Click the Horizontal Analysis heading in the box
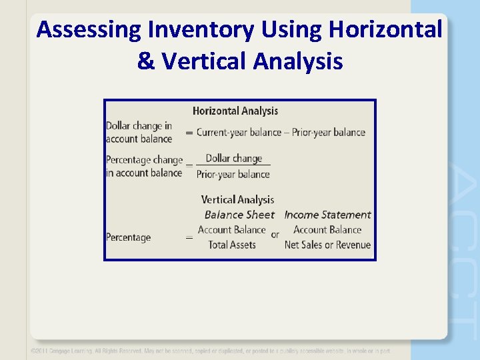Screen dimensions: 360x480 [x=235, y=111]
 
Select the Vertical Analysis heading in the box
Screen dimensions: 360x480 [x=237, y=199]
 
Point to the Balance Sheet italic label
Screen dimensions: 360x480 [x=239, y=215]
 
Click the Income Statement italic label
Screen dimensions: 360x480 [x=327, y=215]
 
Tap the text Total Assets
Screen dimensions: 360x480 [x=232, y=245]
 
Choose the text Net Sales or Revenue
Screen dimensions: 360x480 [x=327, y=245]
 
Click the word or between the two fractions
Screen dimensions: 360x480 [x=275, y=235]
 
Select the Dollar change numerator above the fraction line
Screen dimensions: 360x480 [x=234, y=159]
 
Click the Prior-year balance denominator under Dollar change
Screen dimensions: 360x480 [x=233, y=174]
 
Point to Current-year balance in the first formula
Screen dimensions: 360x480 [x=239, y=132]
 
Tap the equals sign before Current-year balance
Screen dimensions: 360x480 [x=189, y=133]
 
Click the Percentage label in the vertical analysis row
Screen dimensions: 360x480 [x=128, y=237]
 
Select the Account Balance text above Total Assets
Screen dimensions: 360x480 [x=231, y=229]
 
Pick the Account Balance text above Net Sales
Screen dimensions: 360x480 [x=327, y=229]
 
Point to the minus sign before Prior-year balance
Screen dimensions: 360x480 [x=287, y=132]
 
